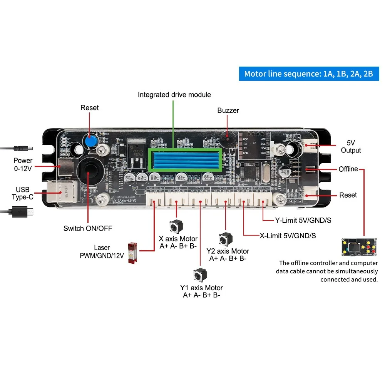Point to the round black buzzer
pos(226,137)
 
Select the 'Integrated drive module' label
pos(174,95)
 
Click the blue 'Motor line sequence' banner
pos(309,74)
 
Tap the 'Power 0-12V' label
pos(23,164)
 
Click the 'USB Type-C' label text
pos(22,193)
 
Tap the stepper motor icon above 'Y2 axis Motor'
pos(225,239)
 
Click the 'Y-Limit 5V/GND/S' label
pos(303,221)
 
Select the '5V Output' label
pos(351,146)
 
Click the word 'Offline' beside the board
pos(348,169)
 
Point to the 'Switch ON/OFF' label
pos(88,228)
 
